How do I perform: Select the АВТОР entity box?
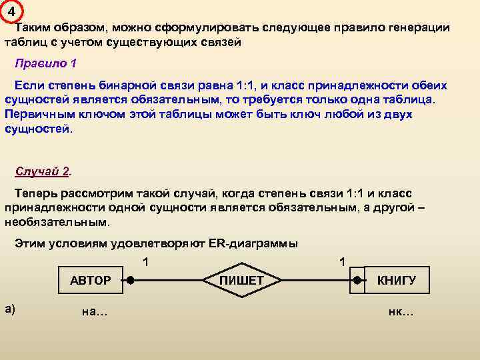point(90,281)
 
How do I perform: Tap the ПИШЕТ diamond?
point(241,281)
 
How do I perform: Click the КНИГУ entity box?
point(396,281)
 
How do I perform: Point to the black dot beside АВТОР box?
point(131,281)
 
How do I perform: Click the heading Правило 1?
point(46,64)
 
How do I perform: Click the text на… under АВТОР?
point(94,311)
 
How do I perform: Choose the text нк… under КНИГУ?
point(401,311)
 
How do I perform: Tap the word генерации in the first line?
point(417,28)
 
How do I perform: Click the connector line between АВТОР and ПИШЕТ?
point(170,281)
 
